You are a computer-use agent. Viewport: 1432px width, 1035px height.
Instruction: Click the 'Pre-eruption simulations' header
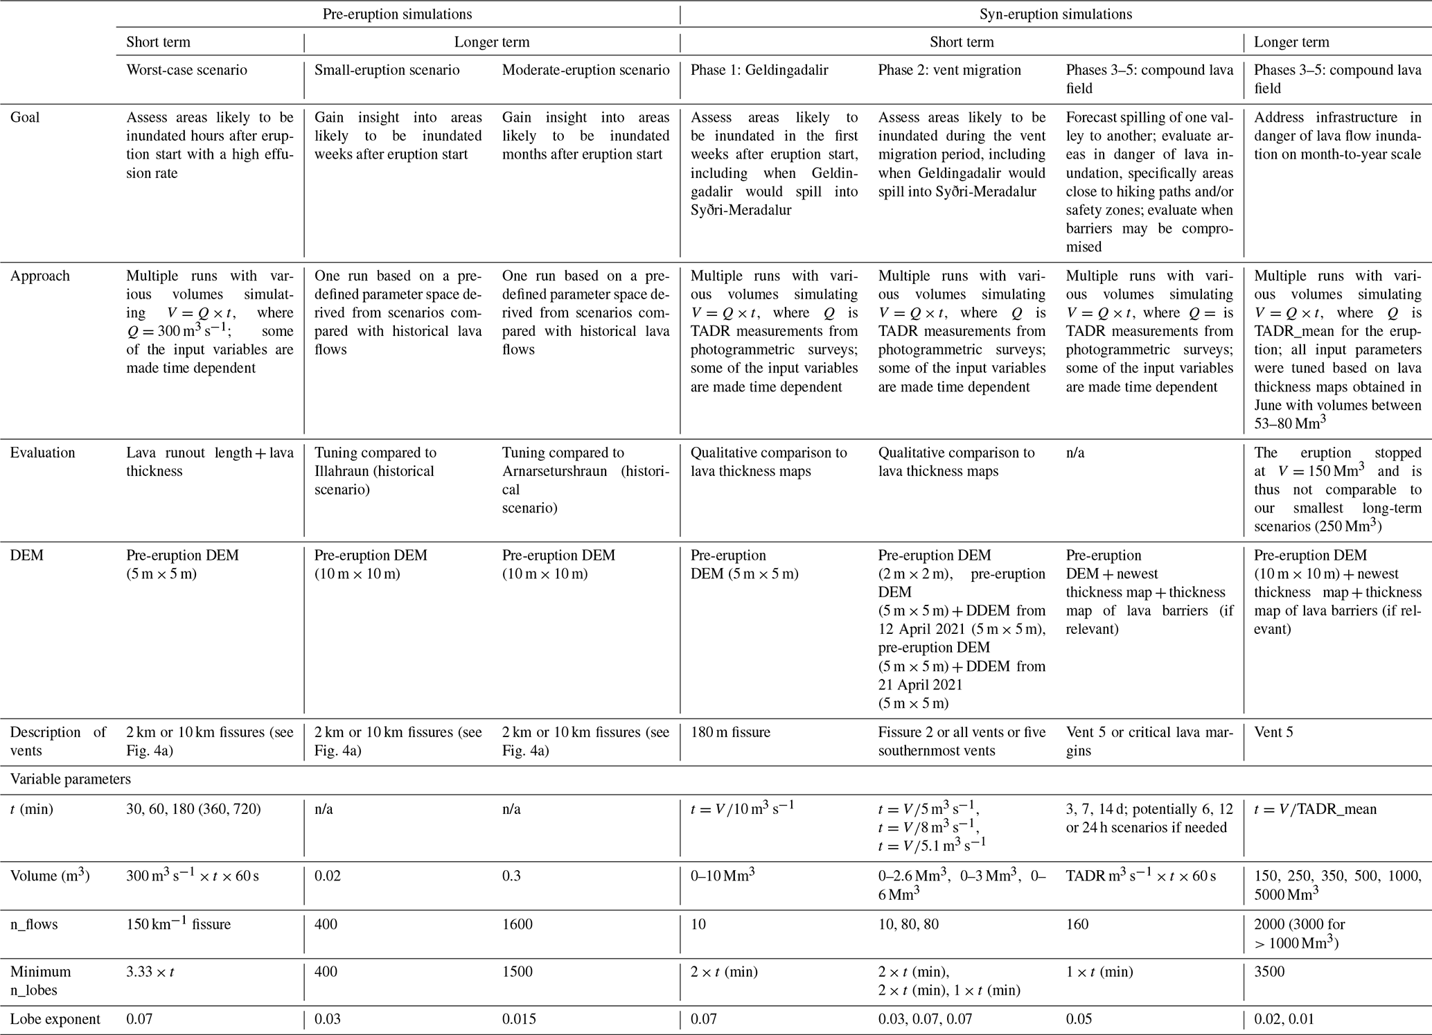(x=398, y=14)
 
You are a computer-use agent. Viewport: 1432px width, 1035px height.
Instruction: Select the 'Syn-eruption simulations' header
(x=1056, y=14)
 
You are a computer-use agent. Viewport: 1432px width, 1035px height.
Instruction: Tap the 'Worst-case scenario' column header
(x=186, y=70)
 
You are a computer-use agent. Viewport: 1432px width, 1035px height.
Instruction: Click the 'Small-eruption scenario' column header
(x=387, y=70)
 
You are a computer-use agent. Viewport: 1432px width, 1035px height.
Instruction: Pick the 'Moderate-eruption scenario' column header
(x=585, y=70)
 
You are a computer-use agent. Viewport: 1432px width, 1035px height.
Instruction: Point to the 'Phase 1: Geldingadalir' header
(x=759, y=70)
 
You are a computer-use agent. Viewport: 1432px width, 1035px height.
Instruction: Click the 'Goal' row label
(x=25, y=118)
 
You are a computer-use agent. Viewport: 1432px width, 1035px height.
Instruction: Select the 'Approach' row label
(x=39, y=276)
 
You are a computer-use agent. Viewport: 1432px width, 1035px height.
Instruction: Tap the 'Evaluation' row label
(x=42, y=453)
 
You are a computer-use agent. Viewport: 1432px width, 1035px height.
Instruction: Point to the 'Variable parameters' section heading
(x=70, y=779)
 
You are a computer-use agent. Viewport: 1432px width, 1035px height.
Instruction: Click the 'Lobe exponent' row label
(x=55, y=1019)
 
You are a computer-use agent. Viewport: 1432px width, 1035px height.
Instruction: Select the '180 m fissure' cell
(x=730, y=732)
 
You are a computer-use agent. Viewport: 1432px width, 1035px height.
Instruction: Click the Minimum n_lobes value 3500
(x=1269, y=972)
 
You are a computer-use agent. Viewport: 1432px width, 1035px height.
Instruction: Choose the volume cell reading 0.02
(x=326, y=876)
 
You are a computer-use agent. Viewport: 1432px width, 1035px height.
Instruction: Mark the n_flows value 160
(x=1077, y=924)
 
